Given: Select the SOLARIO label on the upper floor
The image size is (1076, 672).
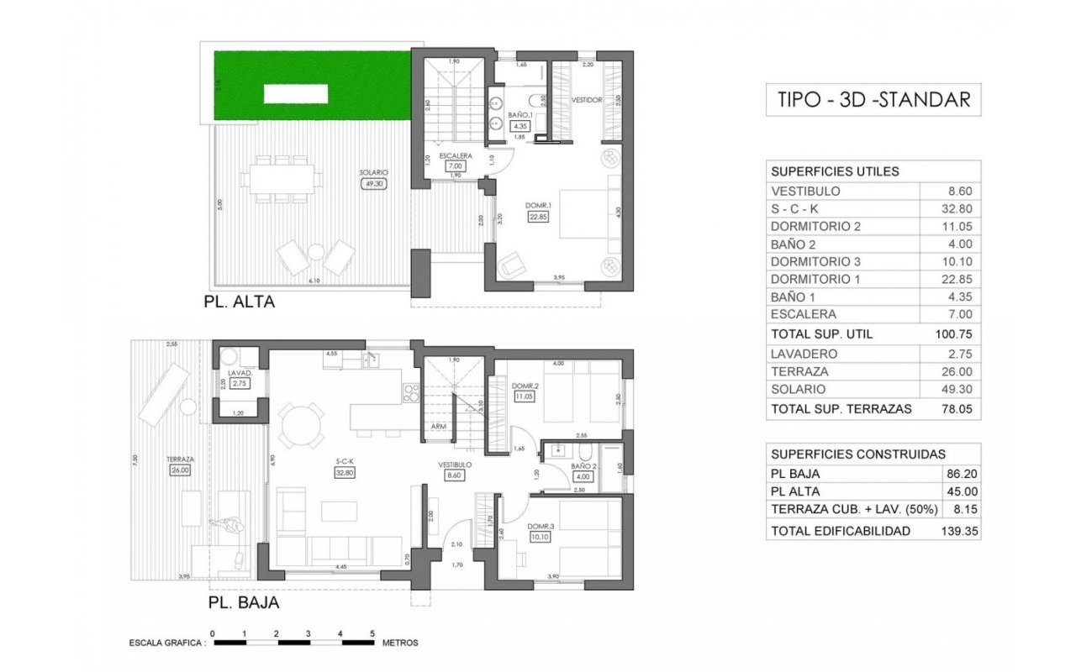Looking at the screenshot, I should pos(374,172).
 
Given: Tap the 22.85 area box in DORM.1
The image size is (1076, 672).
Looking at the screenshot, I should pos(538,216).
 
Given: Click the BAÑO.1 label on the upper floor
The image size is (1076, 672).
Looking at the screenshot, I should pos(520,114).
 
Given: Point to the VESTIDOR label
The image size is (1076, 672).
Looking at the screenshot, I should pos(587,99).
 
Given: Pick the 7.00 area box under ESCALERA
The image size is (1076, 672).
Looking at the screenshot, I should pos(456,166).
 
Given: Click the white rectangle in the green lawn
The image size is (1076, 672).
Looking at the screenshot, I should pos(295,93).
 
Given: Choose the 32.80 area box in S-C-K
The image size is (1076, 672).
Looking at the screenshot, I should pos(343,473).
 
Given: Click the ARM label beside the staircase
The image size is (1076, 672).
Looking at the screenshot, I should pos(438,427).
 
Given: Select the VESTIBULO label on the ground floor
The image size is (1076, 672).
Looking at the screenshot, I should pos(455,465).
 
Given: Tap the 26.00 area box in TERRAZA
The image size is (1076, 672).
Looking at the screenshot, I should pos(180,470).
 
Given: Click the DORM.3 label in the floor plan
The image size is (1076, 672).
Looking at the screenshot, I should pos(541,527).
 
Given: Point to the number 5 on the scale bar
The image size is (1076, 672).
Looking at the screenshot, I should pos(372,633).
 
